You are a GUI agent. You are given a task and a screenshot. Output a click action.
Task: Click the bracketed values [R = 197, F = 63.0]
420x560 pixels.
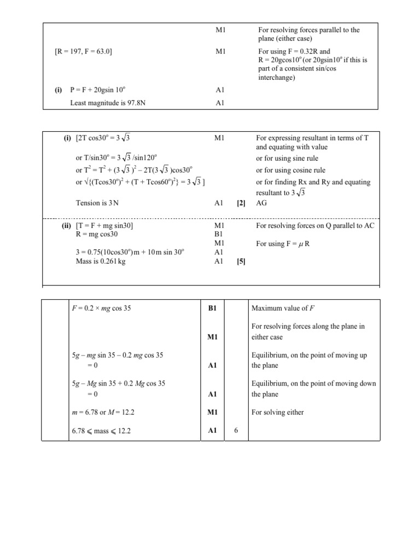pyautogui.click(x=84, y=52)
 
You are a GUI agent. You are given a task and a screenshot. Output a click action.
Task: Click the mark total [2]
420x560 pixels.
pyautogui.click(x=241, y=203)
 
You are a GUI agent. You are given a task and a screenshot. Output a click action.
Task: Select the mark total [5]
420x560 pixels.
pyautogui.click(x=241, y=261)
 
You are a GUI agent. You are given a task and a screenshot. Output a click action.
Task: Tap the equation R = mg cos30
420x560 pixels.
pyautogui.click(x=96, y=234)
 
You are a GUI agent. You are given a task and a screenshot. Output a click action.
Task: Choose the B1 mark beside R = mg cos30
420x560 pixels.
pyautogui.click(x=219, y=234)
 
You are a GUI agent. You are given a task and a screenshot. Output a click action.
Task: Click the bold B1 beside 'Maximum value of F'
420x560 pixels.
pyautogui.click(x=213, y=308)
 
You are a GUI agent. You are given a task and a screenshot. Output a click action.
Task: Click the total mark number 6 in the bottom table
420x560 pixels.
pyautogui.click(x=236, y=431)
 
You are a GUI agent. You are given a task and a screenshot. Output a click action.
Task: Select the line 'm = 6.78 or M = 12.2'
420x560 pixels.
pyautogui.click(x=104, y=412)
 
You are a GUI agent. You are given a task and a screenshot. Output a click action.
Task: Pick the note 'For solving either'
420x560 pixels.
pyautogui.click(x=278, y=412)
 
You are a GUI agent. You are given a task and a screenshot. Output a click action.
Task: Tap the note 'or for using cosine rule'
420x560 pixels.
pyautogui.click(x=293, y=170)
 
